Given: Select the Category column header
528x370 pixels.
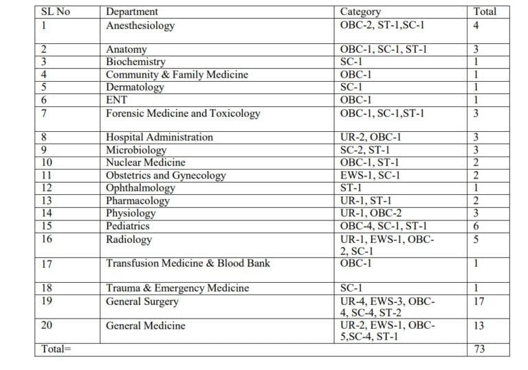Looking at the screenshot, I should [x=360, y=12].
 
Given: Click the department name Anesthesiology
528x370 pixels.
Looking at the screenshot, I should [x=140, y=25].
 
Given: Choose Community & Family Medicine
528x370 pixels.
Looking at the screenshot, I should [x=177, y=74].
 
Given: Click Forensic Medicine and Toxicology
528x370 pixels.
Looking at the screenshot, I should [x=183, y=113].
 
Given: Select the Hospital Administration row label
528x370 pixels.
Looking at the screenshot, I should [x=159, y=137].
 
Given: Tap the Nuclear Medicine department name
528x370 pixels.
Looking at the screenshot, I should [x=145, y=163].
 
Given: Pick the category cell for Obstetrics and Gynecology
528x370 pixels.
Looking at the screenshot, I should [x=371, y=175].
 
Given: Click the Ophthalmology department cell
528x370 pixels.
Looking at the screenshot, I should [x=140, y=187].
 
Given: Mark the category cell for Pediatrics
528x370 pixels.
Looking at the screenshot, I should [x=384, y=226].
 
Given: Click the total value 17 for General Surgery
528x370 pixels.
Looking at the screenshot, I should [x=478, y=301].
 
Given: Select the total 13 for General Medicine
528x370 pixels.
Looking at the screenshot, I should [x=478, y=325].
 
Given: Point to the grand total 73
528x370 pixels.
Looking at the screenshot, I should [x=478, y=349].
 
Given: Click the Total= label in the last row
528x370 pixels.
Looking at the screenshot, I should [x=56, y=349].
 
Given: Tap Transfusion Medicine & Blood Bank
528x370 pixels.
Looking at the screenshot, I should [x=188, y=263].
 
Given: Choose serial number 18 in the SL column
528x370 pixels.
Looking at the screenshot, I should [x=47, y=288].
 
